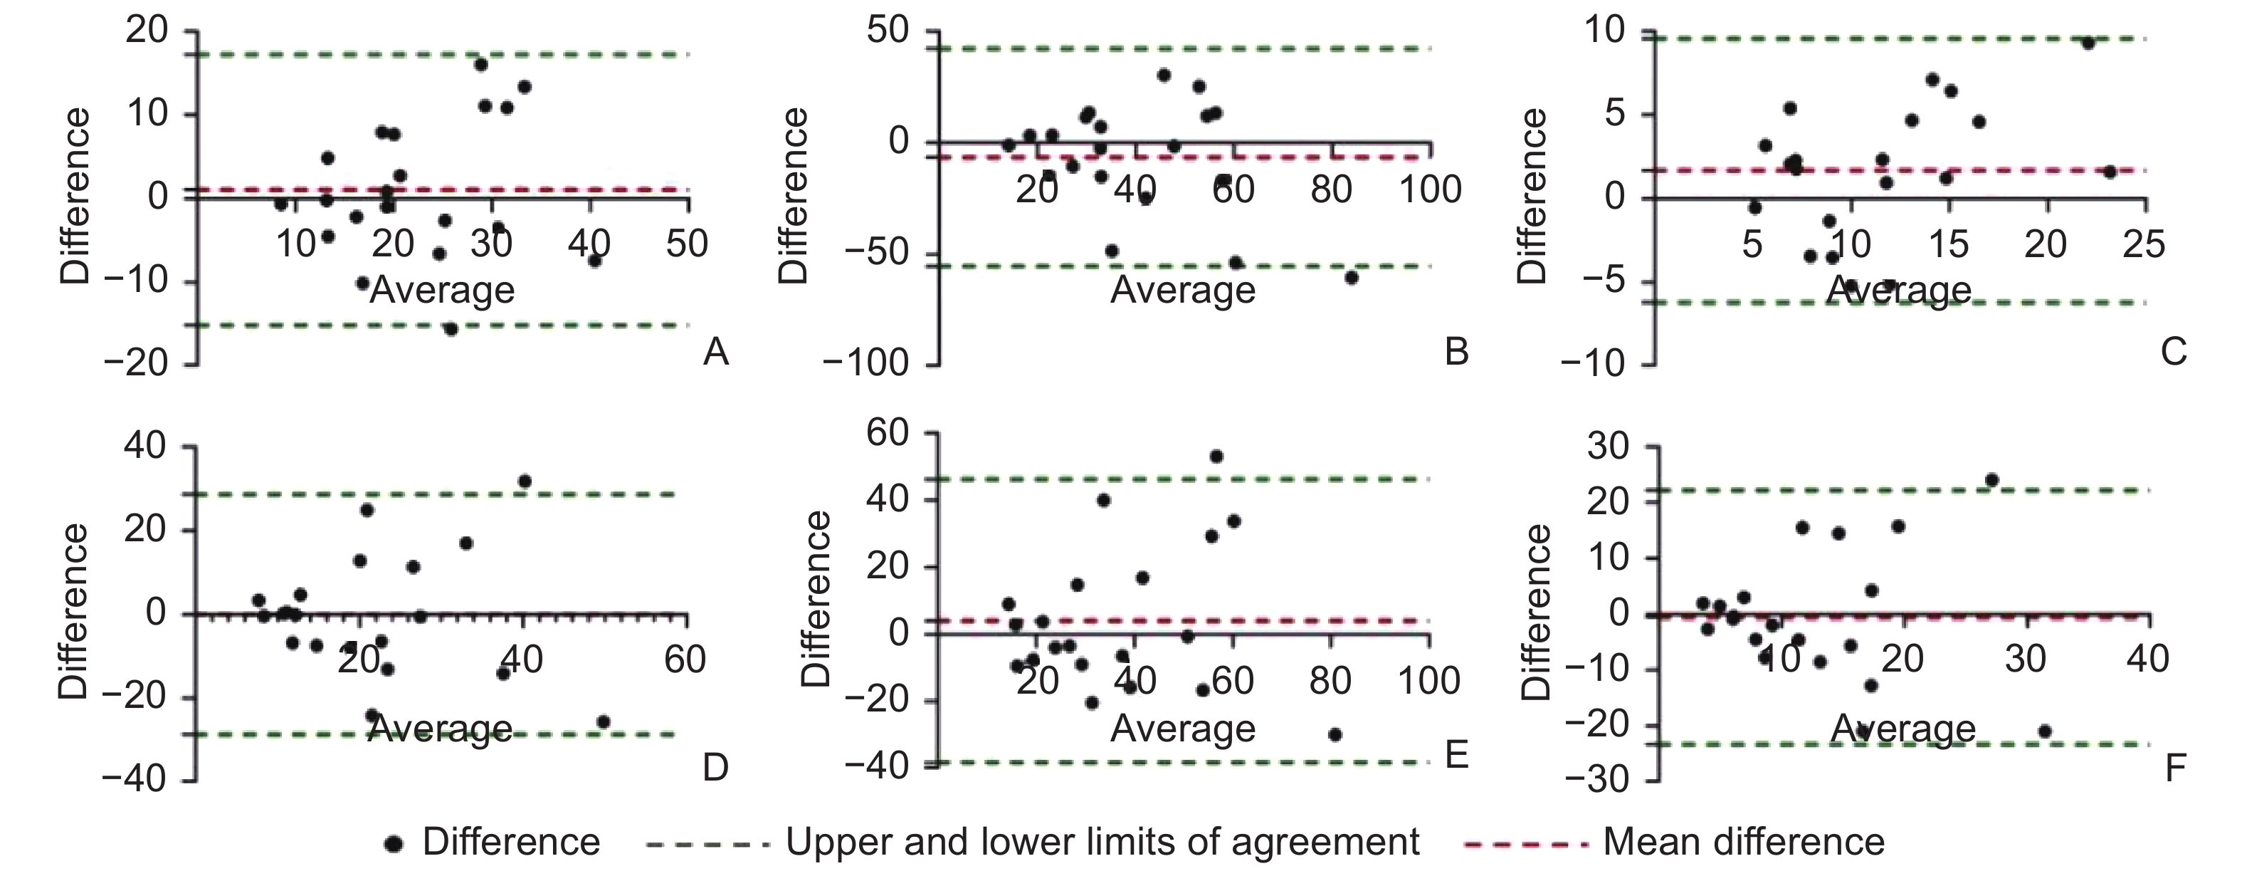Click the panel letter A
715,352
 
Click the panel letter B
1456,352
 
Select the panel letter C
2173,352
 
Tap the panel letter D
715,767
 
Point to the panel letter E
1456,756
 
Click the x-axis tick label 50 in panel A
687,244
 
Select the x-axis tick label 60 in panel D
684,659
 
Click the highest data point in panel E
1216,457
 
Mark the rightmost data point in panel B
1351,278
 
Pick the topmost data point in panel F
1991,480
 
